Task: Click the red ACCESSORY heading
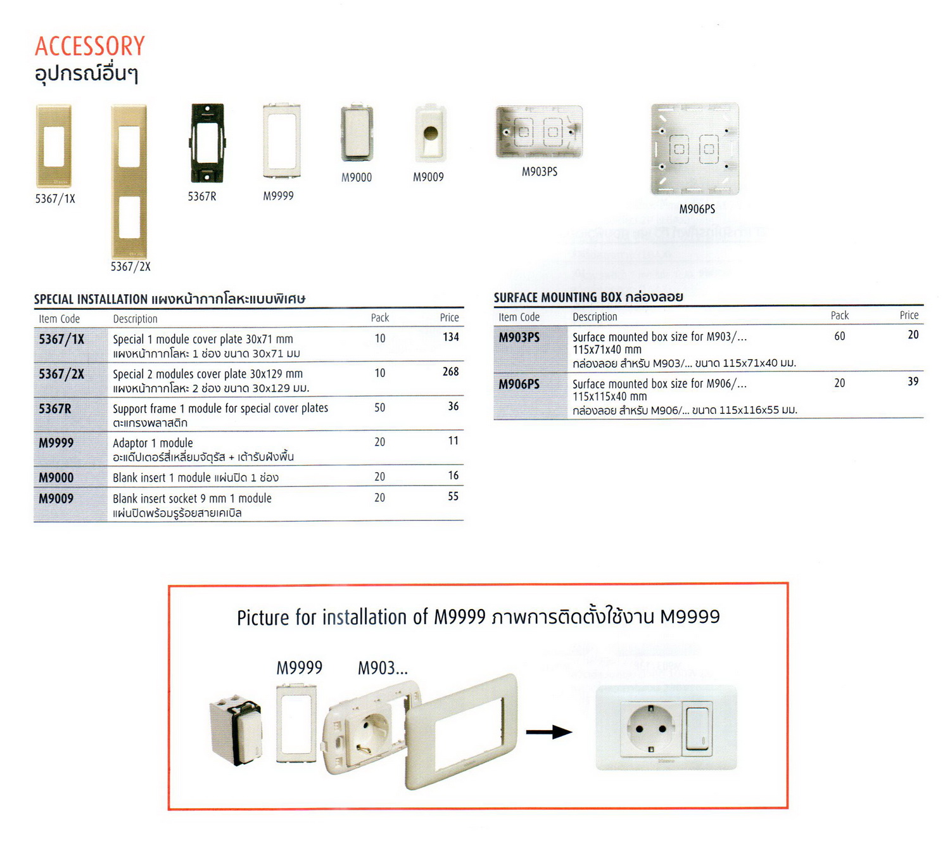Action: [x=89, y=46]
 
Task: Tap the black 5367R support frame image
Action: [x=207, y=143]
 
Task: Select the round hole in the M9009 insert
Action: [x=430, y=133]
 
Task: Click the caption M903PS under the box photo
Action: [x=539, y=172]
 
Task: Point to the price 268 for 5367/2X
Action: [x=450, y=371]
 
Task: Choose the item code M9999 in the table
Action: [x=56, y=442]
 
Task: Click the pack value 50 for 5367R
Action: [x=379, y=407]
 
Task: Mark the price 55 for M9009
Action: [x=452, y=496]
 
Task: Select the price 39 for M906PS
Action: [x=913, y=382]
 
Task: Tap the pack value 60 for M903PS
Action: [x=839, y=336]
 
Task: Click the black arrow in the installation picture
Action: [x=548, y=731]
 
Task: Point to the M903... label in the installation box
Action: [x=383, y=668]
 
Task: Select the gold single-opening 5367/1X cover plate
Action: [x=54, y=146]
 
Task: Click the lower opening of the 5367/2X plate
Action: [x=129, y=217]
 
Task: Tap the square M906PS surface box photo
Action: [x=695, y=149]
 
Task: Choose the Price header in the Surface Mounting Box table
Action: [x=909, y=316]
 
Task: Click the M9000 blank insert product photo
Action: [x=357, y=133]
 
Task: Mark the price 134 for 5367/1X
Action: [x=451, y=337]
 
